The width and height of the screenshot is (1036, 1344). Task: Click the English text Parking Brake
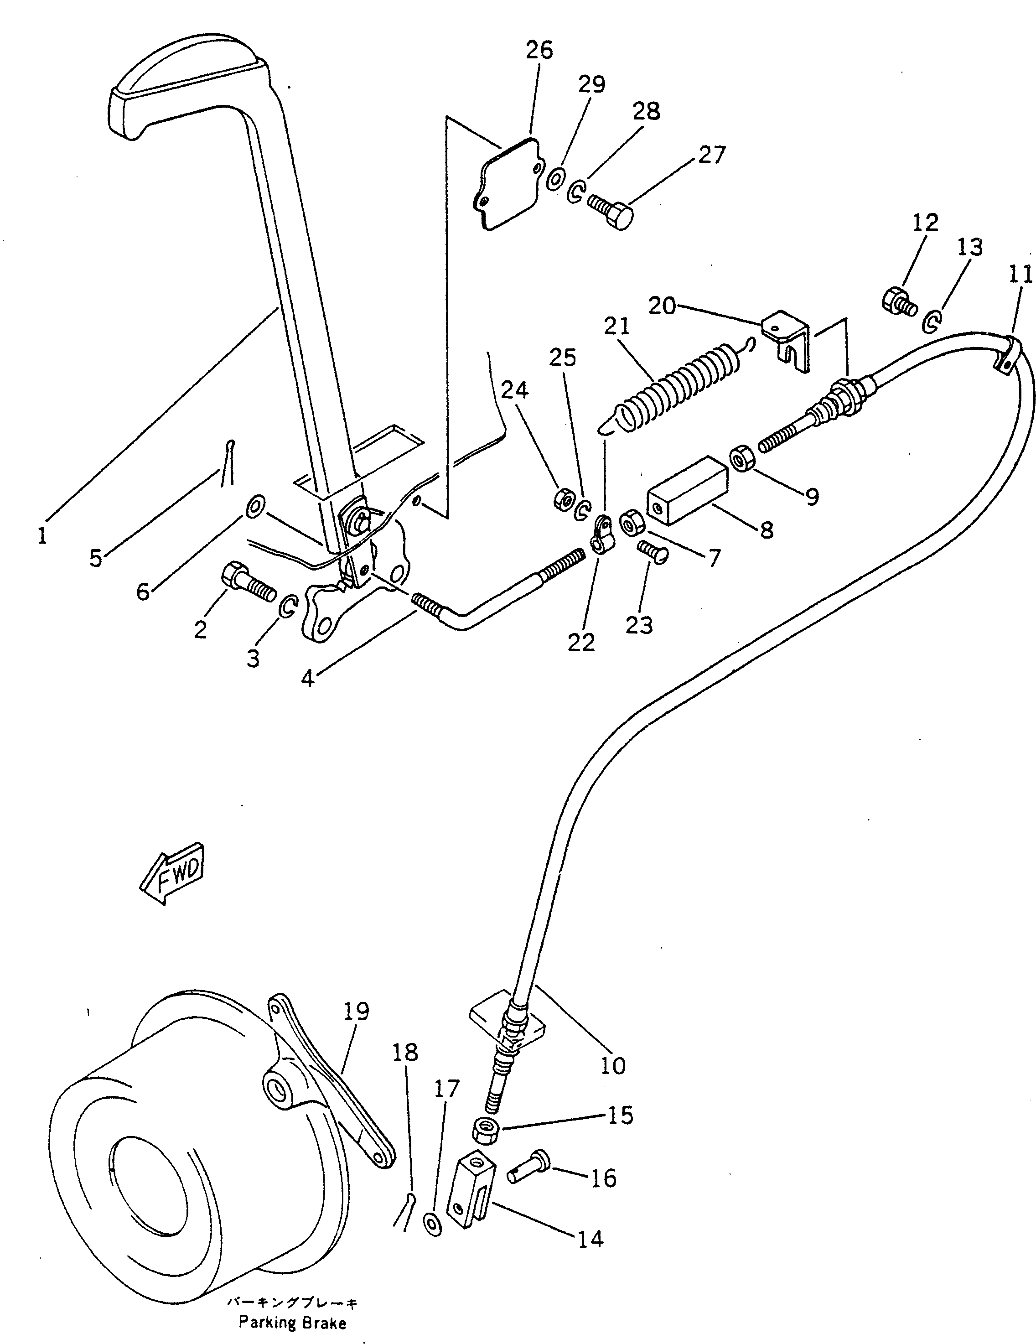click(293, 1321)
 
